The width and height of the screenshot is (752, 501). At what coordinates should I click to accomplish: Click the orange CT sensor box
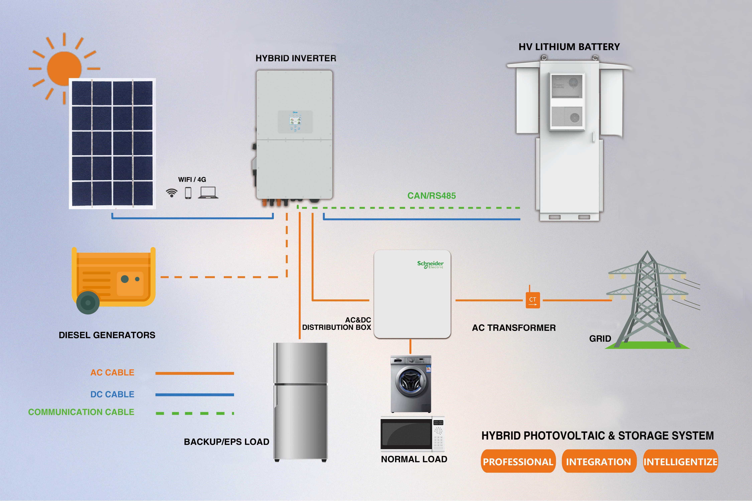point(533,300)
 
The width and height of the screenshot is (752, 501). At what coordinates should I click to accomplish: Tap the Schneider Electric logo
point(430,265)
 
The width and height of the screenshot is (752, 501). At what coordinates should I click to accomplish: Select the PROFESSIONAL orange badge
point(518,461)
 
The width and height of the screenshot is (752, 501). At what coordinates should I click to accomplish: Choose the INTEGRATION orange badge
point(599,461)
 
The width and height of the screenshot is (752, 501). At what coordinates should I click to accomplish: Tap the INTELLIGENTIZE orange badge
point(680,461)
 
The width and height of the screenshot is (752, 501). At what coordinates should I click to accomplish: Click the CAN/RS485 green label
point(431,196)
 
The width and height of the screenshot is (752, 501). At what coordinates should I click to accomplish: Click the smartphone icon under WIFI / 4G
point(188,193)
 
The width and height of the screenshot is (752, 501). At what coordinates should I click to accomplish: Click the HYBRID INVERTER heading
point(296,58)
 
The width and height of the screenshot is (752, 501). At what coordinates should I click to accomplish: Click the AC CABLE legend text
point(112,373)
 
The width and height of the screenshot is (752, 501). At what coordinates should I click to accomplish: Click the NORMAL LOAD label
point(414,459)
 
